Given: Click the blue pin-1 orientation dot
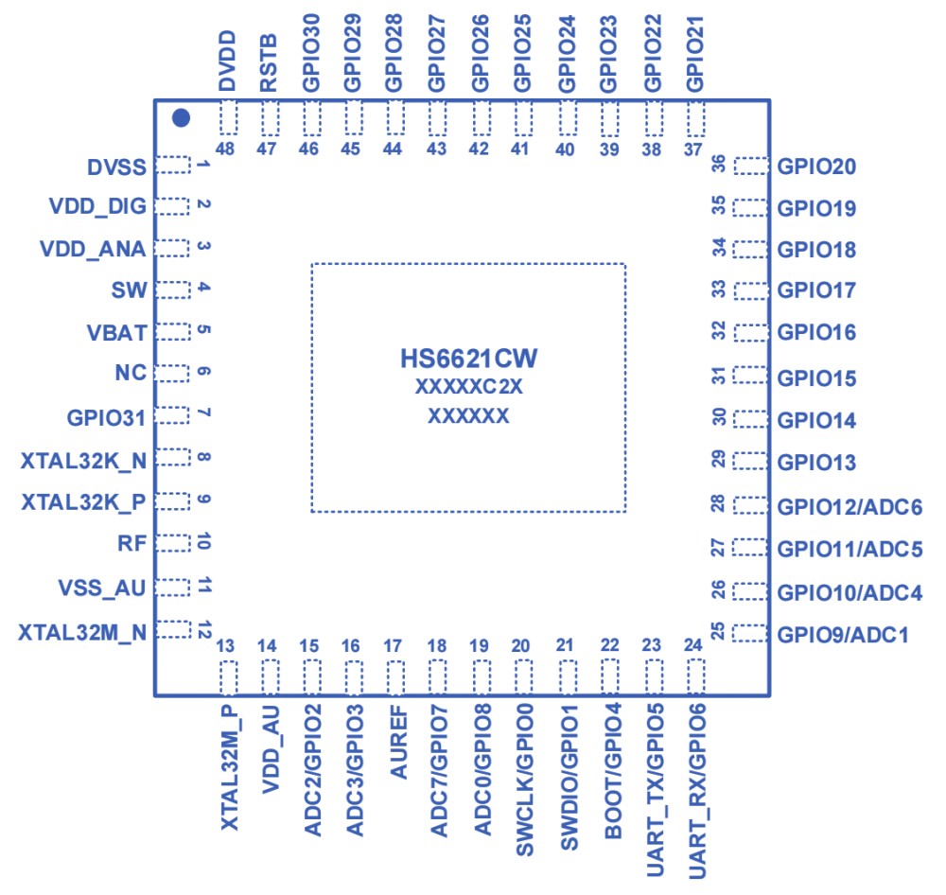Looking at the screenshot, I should pos(182,118).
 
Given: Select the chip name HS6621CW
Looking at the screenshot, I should pos(469,360).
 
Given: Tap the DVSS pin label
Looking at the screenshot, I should pos(116,167).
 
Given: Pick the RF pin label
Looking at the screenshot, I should pos(131,543).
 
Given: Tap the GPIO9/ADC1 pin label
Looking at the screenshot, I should pos(843,634).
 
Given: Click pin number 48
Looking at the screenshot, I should pos(226,149).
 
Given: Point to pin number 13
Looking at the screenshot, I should pos(226,646).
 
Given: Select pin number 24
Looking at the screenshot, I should pos(693,646).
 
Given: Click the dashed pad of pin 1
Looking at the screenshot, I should pos(173,166).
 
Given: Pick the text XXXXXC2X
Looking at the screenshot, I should pos(469,388).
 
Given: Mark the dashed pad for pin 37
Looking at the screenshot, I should pos(697,118).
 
